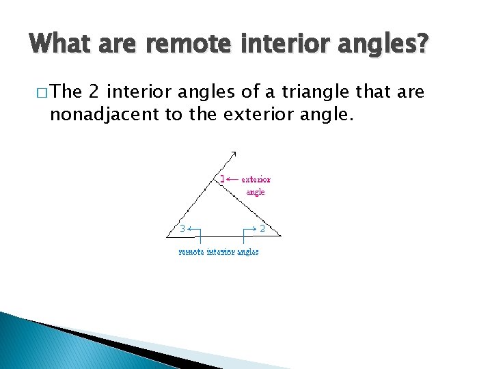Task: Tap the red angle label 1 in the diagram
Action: click(x=222, y=180)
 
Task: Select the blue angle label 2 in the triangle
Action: click(x=262, y=228)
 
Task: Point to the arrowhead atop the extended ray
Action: click(x=233, y=153)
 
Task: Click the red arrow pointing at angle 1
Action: click(x=232, y=180)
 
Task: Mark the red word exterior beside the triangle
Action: click(x=256, y=180)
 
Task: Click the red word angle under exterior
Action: click(x=255, y=192)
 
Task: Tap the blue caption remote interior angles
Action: click(x=219, y=251)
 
